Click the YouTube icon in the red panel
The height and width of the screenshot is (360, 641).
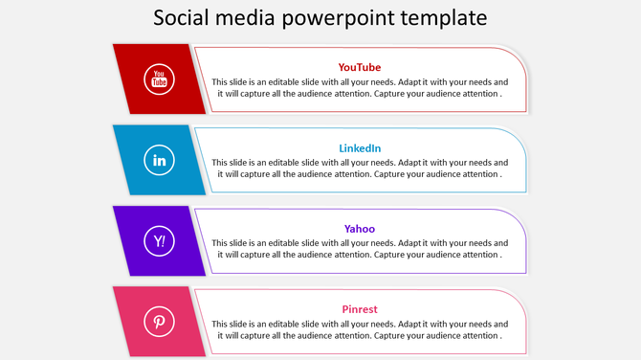[159, 79]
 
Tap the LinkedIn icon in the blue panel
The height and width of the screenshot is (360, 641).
[159, 160]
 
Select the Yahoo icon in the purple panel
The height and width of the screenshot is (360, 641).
[159, 240]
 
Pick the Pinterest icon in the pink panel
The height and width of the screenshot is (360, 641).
[159, 321]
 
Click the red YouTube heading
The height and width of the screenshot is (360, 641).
[360, 67]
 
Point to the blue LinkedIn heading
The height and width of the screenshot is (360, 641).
[360, 148]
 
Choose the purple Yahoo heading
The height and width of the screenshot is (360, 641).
[360, 229]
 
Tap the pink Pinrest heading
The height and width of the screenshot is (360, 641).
[360, 309]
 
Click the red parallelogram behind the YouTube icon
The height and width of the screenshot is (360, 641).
[130, 79]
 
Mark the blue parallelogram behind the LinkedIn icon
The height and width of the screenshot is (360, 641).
[130, 160]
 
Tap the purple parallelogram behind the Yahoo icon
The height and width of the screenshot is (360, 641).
[130, 240]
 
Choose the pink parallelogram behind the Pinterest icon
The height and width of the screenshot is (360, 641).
[130, 321]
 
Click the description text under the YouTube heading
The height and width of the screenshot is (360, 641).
[360, 88]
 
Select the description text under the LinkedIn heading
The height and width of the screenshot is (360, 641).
[360, 169]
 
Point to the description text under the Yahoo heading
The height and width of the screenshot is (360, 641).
[360, 249]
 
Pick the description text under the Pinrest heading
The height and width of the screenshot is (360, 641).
[360, 330]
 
